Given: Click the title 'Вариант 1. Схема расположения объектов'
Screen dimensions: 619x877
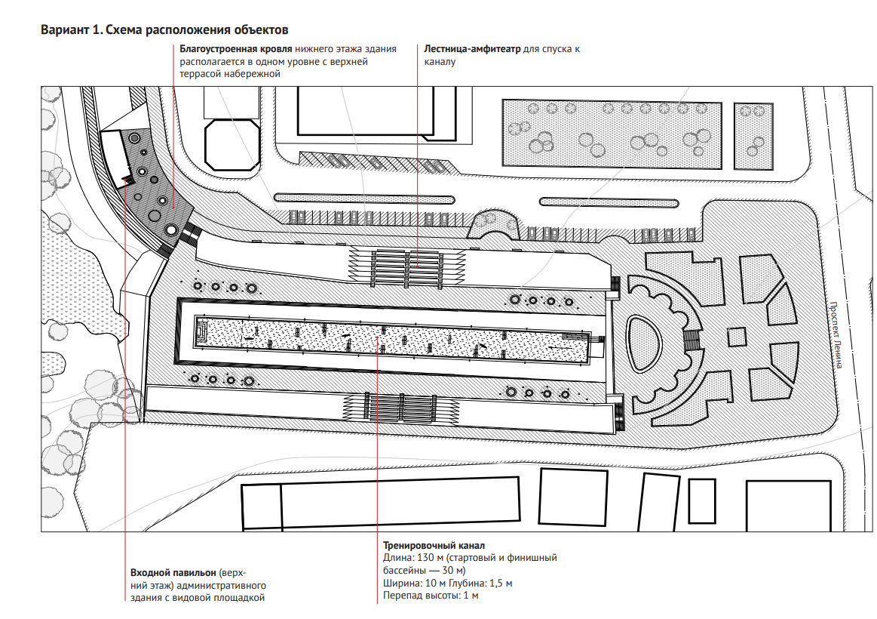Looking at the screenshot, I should click(x=164, y=30).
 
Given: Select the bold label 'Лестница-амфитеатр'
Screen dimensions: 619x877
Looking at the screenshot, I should click(x=472, y=49).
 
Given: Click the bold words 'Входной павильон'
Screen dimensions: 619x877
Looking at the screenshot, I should click(x=170, y=573).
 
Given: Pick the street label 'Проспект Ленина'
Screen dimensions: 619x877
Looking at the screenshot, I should click(x=836, y=335).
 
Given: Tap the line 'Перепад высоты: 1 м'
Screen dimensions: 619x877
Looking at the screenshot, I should click(x=431, y=596).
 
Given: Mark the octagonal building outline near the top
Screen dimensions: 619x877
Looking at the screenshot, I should click(x=233, y=143).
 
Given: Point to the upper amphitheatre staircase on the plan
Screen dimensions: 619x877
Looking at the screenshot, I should click(x=407, y=266).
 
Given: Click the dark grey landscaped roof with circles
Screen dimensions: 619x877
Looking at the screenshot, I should click(x=154, y=189).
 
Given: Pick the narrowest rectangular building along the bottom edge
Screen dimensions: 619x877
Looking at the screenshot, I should click(x=701, y=500).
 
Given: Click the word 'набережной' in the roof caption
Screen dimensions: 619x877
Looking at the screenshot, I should click(x=256, y=74).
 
